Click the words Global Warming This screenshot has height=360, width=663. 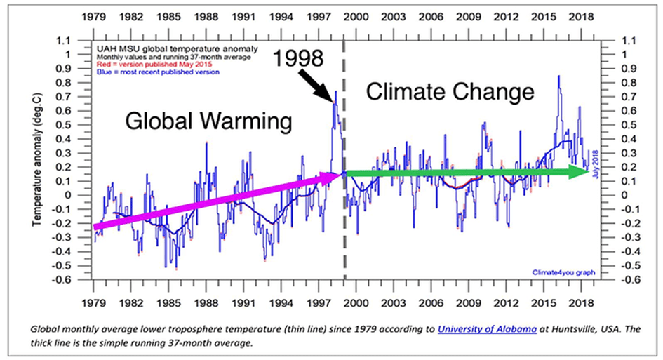point(208,121)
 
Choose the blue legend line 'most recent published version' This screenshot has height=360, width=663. point(149,72)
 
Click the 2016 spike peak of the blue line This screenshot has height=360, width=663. point(558,76)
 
